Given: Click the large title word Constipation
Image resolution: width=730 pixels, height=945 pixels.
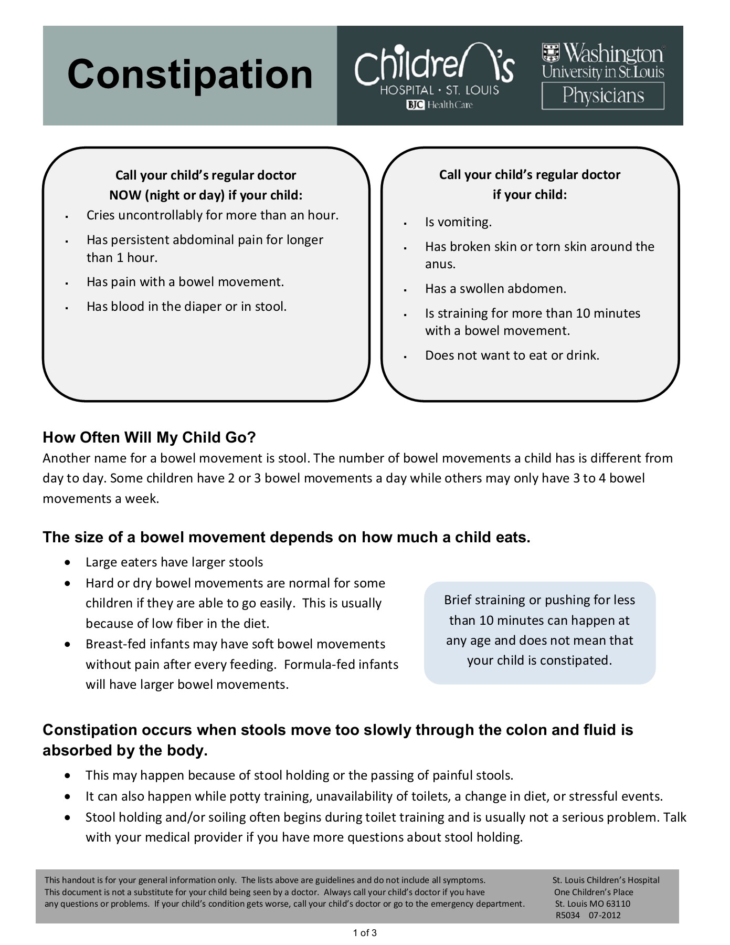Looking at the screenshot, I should coord(189,74).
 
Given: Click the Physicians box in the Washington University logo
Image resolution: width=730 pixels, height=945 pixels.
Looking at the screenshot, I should coord(602,96).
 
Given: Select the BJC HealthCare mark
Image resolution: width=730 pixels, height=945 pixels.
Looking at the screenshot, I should coord(439,105).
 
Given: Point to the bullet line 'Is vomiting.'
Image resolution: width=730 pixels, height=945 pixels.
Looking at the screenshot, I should coord(458,222).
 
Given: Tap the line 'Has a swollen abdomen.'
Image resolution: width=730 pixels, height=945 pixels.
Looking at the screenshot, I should coord(495,289).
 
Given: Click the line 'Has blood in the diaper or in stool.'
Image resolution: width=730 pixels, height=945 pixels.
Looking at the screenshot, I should coord(186,307).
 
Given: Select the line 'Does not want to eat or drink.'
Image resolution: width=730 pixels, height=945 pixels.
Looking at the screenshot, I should coord(512,355).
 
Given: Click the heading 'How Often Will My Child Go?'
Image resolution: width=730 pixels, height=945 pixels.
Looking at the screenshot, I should coord(149,437).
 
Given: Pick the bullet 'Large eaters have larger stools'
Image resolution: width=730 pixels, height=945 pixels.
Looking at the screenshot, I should coord(174,562).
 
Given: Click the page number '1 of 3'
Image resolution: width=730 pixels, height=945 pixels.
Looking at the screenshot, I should coord(365,933).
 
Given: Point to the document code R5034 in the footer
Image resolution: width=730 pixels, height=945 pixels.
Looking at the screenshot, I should coord(567,915).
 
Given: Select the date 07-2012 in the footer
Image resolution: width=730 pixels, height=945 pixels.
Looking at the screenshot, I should coord(605,915).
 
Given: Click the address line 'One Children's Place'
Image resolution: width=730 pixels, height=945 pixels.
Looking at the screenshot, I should coord(594,892).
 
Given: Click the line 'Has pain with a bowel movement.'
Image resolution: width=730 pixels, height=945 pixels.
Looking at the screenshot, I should coord(185,282).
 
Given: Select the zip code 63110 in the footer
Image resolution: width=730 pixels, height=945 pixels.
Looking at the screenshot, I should coord(618,904).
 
